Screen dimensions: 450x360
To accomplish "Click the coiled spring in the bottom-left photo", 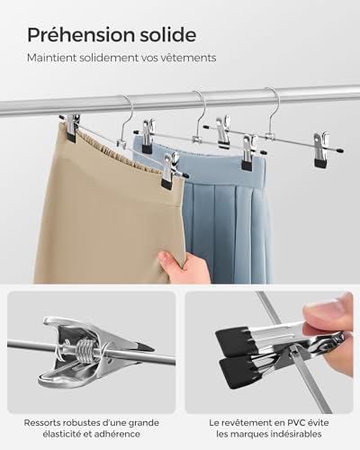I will click(x=88, y=343).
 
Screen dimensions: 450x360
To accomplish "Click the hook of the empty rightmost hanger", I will click(x=270, y=102).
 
